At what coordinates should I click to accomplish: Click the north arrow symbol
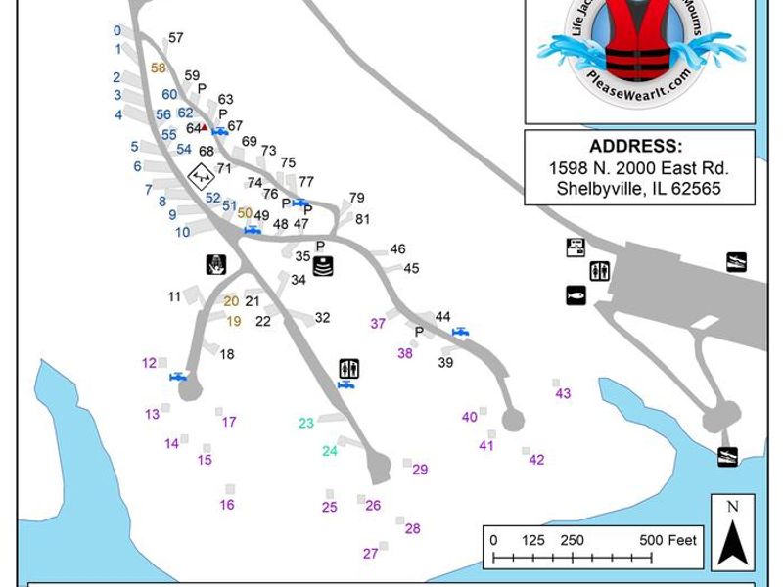[x=733, y=533]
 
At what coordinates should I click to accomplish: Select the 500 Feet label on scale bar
[x=668, y=540]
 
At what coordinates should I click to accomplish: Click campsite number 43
[x=563, y=393]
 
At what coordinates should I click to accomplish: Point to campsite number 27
[x=370, y=554]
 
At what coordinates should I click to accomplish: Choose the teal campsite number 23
[x=306, y=423]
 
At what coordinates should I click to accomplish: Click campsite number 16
[x=227, y=505]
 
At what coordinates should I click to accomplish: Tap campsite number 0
[x=117, y=30]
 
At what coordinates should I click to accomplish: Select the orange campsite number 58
[x=159, y=68]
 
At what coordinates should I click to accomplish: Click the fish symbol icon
[x=576, y=294]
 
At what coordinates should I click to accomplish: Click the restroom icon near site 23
[x=349, y=368]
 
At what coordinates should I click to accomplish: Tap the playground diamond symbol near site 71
[x=202, y=176]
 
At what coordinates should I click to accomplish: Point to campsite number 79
[x=356, y=198]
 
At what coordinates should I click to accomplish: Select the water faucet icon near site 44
[x=460, y=333]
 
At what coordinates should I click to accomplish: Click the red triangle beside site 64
[x=204, y=127]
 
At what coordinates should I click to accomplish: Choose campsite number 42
[x=535, y=460]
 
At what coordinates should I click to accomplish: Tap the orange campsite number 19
[x=234, y=321]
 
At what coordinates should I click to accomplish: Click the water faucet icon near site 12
[x=178, y=377]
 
